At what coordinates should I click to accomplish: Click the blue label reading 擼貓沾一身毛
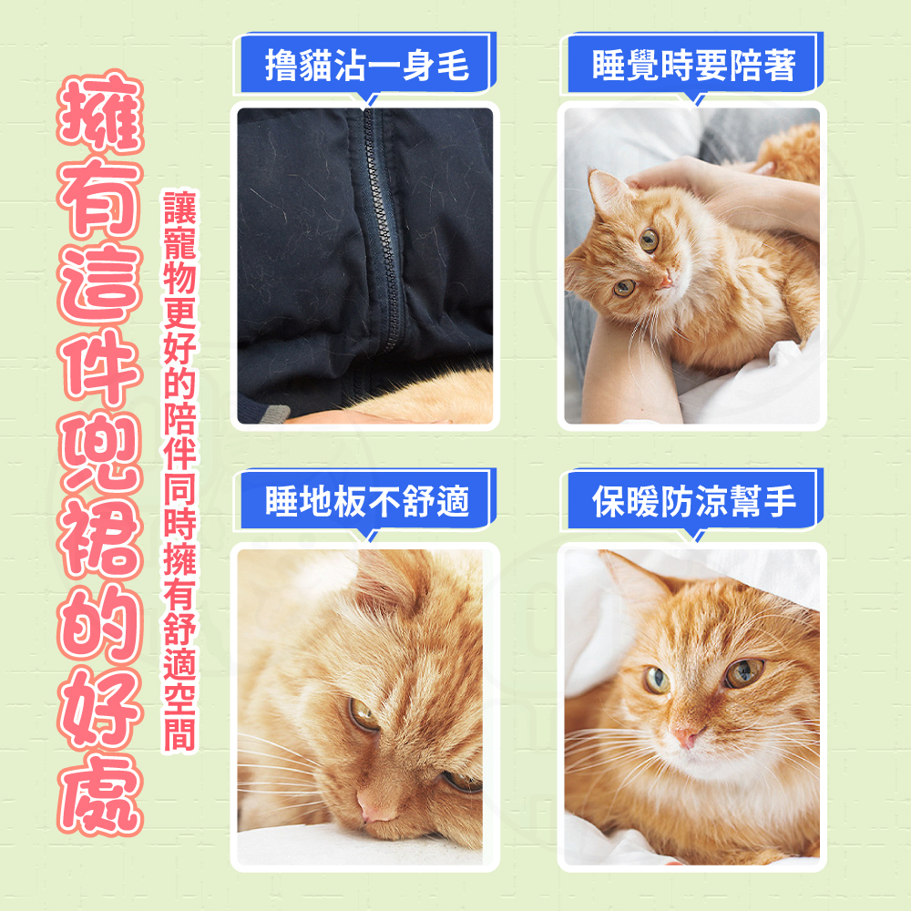point(365,64)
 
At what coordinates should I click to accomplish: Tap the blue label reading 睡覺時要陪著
point(692,64)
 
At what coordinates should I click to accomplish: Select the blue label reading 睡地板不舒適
point(365,500)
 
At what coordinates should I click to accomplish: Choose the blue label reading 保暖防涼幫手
point(692,500)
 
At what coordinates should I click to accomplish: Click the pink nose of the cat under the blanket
point(686,737)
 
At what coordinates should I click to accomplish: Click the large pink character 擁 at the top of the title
point(100,112)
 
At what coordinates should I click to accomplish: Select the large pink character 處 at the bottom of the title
point(100,794)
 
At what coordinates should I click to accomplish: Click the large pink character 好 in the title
point(100,709)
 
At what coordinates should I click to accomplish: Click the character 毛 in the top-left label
point(453,65)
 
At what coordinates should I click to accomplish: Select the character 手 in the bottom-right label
point(780,501)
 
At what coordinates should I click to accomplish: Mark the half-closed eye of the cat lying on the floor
point(363,715)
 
